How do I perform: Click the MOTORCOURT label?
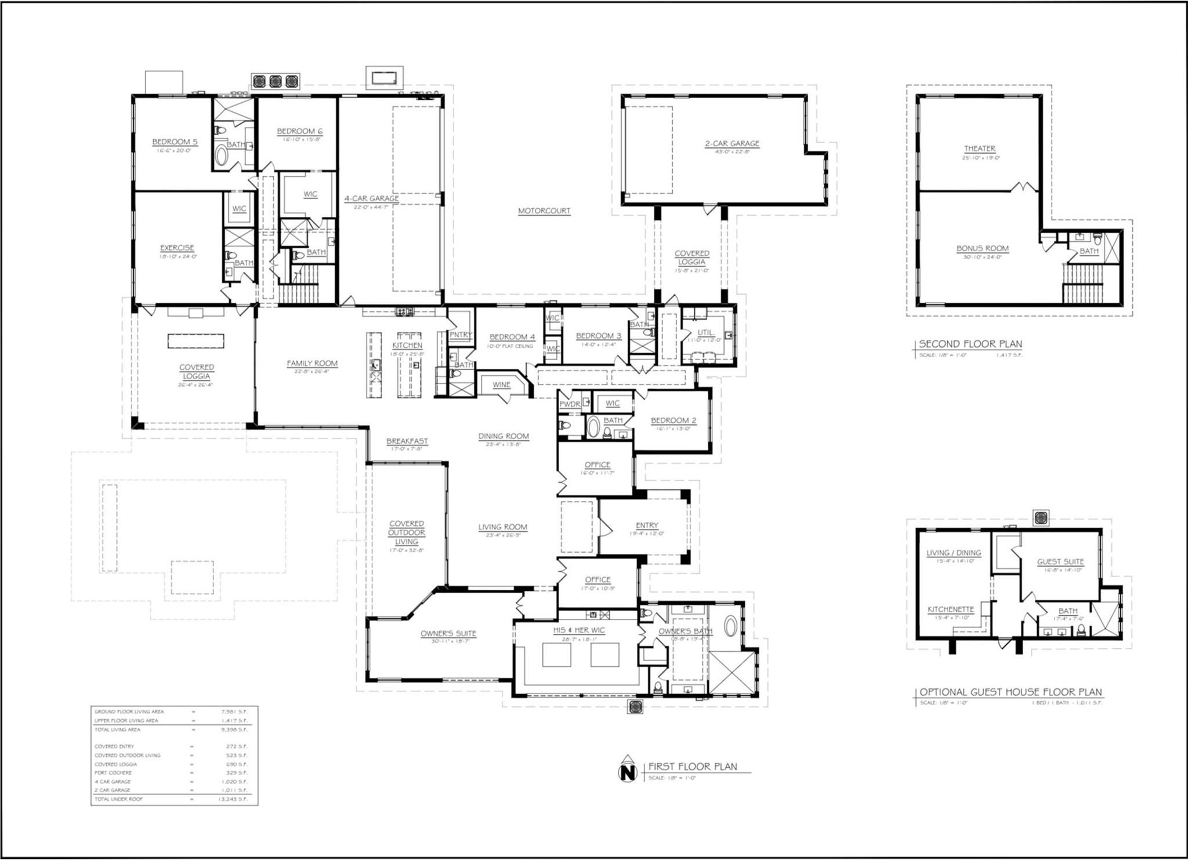coord(544,211)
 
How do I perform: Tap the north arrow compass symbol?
coord(626,772)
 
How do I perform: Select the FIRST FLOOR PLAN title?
coord(693,766)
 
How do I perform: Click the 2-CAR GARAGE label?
coord(732,143)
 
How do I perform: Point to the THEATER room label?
coord(980,148)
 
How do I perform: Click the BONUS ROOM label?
coord(982,248)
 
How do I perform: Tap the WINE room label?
coord(501,384)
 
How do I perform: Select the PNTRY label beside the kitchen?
coord(461,335)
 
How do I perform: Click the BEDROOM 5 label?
coord(175,141)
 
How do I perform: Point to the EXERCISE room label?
coord(177,248)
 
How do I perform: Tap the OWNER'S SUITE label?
coord(448,633)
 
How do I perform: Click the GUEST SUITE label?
coord(1060,561)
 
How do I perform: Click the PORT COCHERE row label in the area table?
coord(113,772)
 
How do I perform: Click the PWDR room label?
coord(570,404)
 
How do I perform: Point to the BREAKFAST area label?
coord(407,441)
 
